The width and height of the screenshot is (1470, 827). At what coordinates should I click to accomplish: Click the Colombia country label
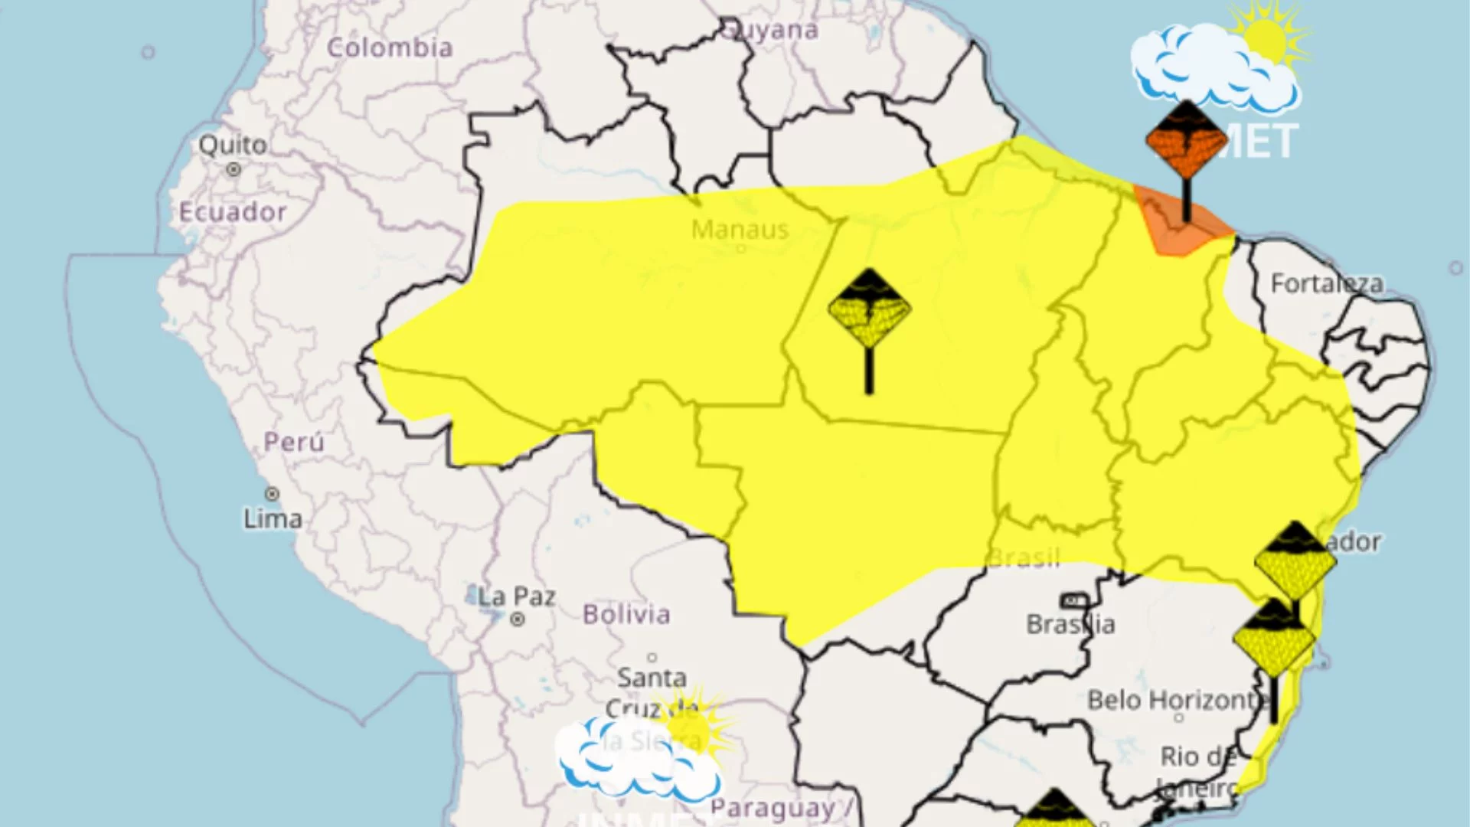[x=390, y=47]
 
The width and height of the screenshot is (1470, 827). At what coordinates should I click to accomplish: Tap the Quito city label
[x=233, y=144]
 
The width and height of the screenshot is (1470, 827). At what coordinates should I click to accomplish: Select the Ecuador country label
[x=233, y=212]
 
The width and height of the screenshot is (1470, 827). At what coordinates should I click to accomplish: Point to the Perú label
[x=294, y=442]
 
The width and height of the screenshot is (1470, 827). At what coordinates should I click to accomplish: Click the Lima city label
[x=273, y=519]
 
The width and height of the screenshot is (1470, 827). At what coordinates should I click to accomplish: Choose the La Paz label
[x=518, y=597]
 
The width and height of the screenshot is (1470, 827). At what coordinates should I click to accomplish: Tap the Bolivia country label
[x=626, y=614]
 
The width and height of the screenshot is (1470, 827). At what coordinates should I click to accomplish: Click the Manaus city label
[x=740, y=230]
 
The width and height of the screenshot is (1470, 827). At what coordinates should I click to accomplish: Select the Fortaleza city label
[x=1327, y=284]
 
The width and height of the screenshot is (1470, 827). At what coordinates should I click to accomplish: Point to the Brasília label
[x=1070, y=624]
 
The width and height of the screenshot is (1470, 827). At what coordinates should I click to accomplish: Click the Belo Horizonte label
[x=1175, y=700]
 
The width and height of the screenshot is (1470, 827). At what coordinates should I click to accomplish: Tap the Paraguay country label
[x=773, y=808]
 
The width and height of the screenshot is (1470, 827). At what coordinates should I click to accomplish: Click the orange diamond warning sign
[x=1186, y=141]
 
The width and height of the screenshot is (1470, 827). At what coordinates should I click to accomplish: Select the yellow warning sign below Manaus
[x=869, y=309]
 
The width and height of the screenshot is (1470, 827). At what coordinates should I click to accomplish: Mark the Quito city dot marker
[x=234, y=169]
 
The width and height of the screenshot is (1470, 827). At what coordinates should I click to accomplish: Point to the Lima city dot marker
[x=272, y=495]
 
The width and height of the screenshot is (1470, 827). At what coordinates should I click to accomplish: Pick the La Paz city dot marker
[x=518, y=619]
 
